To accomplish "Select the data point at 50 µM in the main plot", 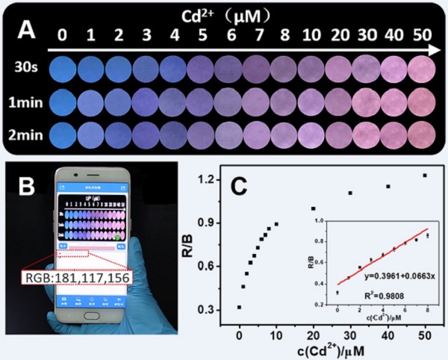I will [425, 176].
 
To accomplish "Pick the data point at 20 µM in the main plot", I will [314, 208].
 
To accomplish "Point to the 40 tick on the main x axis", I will [388, 326].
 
